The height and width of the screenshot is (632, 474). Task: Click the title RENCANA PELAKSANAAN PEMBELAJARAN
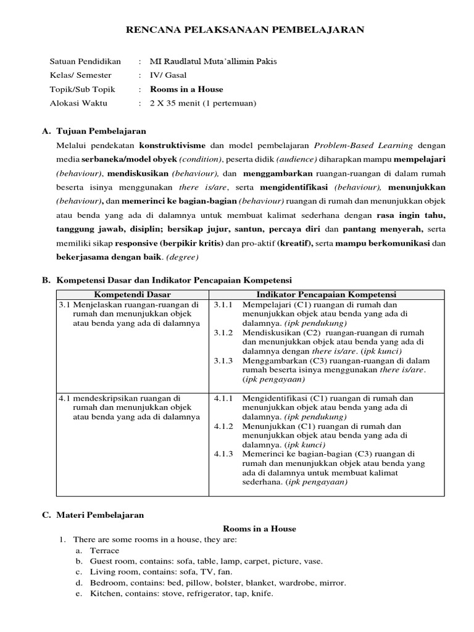point(236,29)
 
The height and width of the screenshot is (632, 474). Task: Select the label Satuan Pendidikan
point(85,62)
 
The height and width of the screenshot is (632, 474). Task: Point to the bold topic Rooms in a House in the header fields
point(186,89)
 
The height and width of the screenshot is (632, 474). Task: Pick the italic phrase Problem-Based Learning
point(364,146)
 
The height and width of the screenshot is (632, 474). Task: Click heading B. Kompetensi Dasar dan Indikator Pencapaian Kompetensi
point(166,280)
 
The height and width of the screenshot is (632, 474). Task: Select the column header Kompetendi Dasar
point(133,294)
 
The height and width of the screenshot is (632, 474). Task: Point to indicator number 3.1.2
point(223,333)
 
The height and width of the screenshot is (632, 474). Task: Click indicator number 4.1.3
point(223,454)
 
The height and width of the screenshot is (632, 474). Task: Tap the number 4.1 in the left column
point(64,398)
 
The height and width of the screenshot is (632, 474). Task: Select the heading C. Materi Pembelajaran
point(93,515)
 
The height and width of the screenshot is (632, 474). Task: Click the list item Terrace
point(105,551)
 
